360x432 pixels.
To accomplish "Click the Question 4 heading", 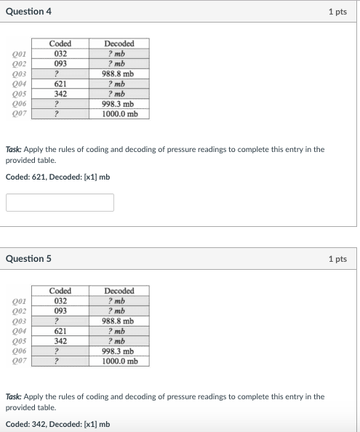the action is [x=28, y=12].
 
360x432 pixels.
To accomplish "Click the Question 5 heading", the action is [x=28, y=259].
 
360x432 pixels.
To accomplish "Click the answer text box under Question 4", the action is [x=60, y=202].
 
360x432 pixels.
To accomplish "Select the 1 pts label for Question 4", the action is [x=337, y=12].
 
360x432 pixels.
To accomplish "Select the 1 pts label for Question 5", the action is [x=337, y=259].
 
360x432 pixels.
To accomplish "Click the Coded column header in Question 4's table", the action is [x=61, y=44].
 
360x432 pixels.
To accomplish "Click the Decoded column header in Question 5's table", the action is [x=119, y=291].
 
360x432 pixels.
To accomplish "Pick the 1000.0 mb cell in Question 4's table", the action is [x=119, y=114].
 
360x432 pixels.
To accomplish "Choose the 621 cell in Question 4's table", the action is [x=61, y=84].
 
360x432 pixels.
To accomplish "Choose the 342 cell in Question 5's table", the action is [x=61, y=341].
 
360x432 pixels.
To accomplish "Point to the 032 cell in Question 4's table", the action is [x=61, y=53].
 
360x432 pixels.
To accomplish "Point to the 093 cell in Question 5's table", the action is [x=61, y=311].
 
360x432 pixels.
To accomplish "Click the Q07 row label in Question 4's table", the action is [x=20, y=114].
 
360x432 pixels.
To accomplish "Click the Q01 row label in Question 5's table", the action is [x=20, y=300].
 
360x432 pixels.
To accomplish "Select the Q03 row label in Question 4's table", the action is [x=20, y=73].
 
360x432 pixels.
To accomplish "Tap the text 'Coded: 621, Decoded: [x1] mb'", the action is [x=57, y=177].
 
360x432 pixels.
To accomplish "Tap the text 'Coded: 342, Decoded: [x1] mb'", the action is [x=57, y=424].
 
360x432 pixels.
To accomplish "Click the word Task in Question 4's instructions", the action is [x=13, y=149].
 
